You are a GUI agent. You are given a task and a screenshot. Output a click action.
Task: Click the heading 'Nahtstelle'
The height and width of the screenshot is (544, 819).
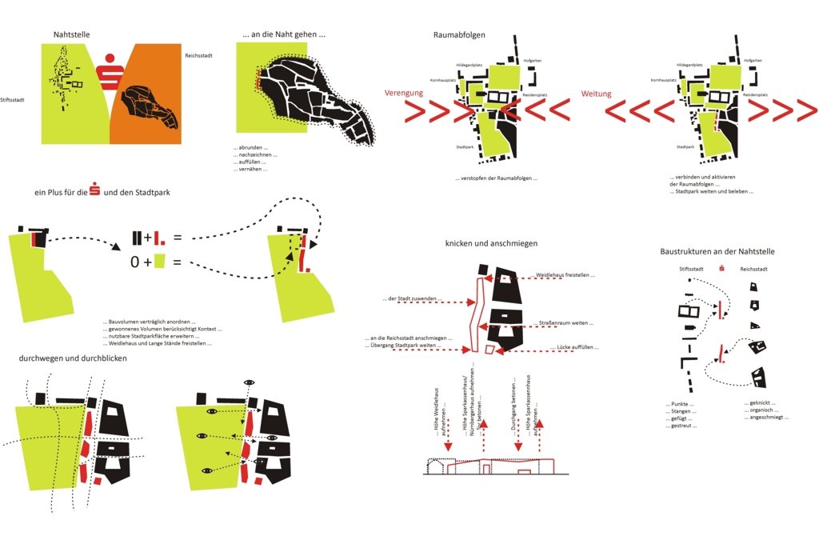point(71,35)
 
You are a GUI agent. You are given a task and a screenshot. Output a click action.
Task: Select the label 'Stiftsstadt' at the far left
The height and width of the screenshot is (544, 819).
point(14,100)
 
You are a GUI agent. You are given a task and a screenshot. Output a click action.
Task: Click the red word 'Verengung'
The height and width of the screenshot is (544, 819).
point(403,94)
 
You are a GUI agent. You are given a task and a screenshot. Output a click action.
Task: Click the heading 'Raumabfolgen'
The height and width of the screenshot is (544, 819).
point(459,35)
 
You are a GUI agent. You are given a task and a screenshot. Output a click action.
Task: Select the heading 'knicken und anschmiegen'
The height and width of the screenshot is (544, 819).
point(491,243)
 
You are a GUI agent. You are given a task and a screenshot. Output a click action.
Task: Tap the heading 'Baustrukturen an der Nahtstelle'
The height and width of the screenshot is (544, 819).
point(717,251)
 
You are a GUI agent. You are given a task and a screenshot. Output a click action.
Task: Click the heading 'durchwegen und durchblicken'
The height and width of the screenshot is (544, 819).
point(73,358)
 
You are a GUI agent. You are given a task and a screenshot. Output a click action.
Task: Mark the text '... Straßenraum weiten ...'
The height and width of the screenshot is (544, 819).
point(565,322)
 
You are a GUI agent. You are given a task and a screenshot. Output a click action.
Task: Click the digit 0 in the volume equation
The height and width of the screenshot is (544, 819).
point(135,262)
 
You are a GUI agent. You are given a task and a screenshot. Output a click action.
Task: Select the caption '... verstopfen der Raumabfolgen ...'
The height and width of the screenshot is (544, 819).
point(497,178)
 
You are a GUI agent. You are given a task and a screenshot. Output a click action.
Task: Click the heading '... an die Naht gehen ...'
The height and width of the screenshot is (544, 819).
point(284,34)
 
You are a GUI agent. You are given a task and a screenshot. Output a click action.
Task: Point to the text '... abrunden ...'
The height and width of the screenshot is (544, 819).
point(250,147)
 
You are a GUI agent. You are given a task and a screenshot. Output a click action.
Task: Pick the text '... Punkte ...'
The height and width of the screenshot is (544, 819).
point(680,404)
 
